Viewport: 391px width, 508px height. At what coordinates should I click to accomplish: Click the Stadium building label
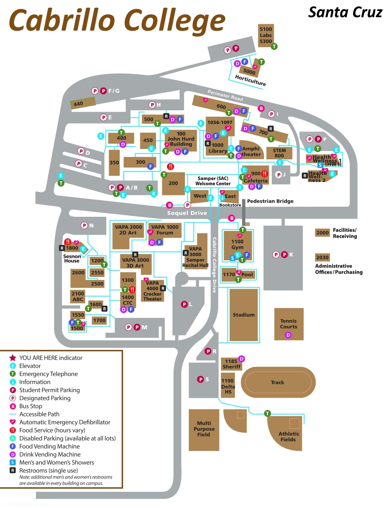[x=244, y=315]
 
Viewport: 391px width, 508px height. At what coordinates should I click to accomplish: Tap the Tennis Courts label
[x=289, y=324]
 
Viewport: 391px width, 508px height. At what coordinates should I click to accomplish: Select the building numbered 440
[x=78, y=104]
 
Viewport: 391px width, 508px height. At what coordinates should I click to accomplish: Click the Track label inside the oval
[x=277, y=382]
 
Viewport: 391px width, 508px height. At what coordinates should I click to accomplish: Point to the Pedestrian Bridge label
[x=270, y=201]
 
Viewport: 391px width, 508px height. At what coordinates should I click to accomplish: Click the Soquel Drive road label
[x=187, y=213]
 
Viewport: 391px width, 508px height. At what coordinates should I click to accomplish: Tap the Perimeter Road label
[x=225, y=95]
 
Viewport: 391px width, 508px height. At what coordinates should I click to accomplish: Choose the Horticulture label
[x=250, y=80]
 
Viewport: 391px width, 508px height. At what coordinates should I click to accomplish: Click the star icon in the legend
[x=13, y=358]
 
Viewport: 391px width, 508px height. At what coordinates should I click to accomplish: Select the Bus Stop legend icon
[x=13, y=406]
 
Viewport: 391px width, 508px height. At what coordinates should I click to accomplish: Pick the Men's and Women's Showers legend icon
[x=13, y=462]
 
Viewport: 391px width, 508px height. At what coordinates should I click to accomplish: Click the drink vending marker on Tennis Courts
[x=288, y=335]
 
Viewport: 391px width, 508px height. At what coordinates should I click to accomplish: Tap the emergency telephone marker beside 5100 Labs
[x=274, y=46]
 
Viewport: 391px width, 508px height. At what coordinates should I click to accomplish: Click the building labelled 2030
[x=322, y=257]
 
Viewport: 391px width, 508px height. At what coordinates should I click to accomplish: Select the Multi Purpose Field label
[x=204, y=429]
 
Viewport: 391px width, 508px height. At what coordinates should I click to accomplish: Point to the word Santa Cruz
[x=345, y=13]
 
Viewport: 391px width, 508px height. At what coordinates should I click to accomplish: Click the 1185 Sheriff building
[x=231, y=364]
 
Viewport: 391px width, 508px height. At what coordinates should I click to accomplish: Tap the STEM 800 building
[x=279, y=153]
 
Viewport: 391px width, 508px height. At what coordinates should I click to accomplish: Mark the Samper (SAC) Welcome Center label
[x=213, y=181]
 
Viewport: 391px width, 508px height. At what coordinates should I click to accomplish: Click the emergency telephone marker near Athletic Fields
[x=268, y=413]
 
